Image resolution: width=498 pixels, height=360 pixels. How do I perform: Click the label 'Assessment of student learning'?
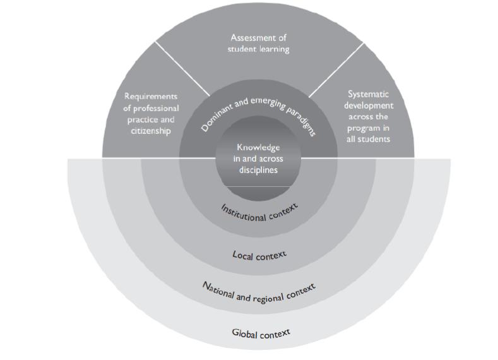tap(259, 43)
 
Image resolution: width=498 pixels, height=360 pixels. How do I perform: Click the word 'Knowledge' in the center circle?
tap(259, 147)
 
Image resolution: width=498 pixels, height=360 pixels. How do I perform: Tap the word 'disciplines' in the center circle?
tap(259, 169)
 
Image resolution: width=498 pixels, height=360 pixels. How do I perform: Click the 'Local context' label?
tap(259, 255)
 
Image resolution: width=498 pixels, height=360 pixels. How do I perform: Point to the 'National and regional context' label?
tap(259, 291)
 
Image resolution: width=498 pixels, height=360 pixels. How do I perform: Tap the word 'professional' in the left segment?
tap(151, 108)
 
